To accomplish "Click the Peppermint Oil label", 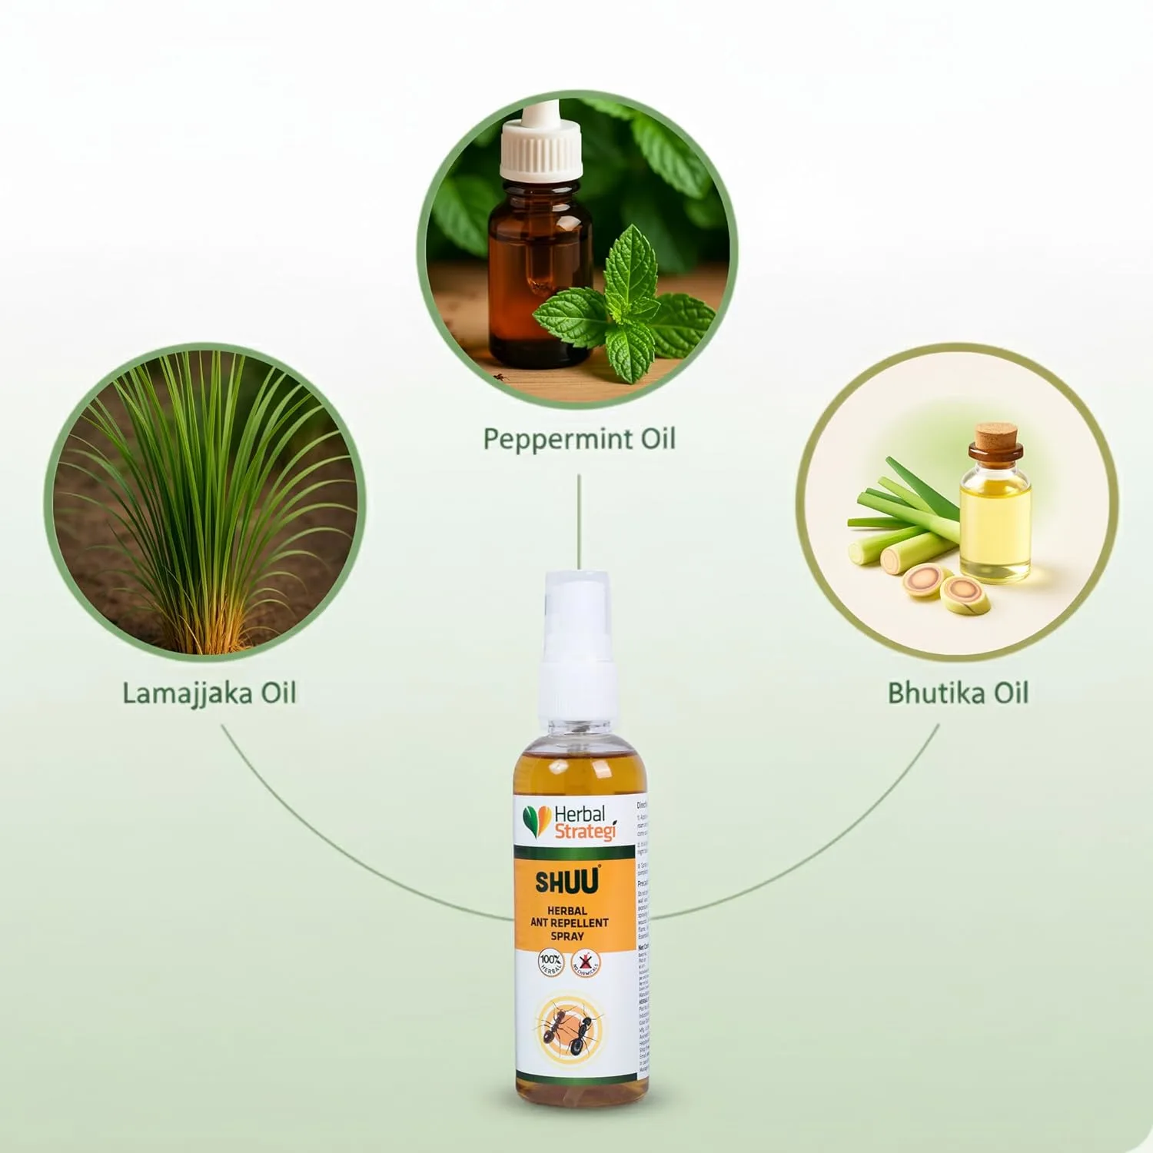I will click(579, 439).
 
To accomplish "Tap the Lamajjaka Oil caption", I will click(209, 693).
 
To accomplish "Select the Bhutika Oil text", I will click(958, 693).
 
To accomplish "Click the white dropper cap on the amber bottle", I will click(540, 150).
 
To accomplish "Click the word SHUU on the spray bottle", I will click(567, 882).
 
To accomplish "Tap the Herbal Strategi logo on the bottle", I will click(570, 822).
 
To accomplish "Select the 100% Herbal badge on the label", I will click(550, 962).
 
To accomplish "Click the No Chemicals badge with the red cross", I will click(586, 962).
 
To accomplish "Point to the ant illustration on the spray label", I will click(570, 1028).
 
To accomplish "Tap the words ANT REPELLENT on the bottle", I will click(569, 922).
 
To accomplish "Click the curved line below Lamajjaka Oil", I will click(323, 846).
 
